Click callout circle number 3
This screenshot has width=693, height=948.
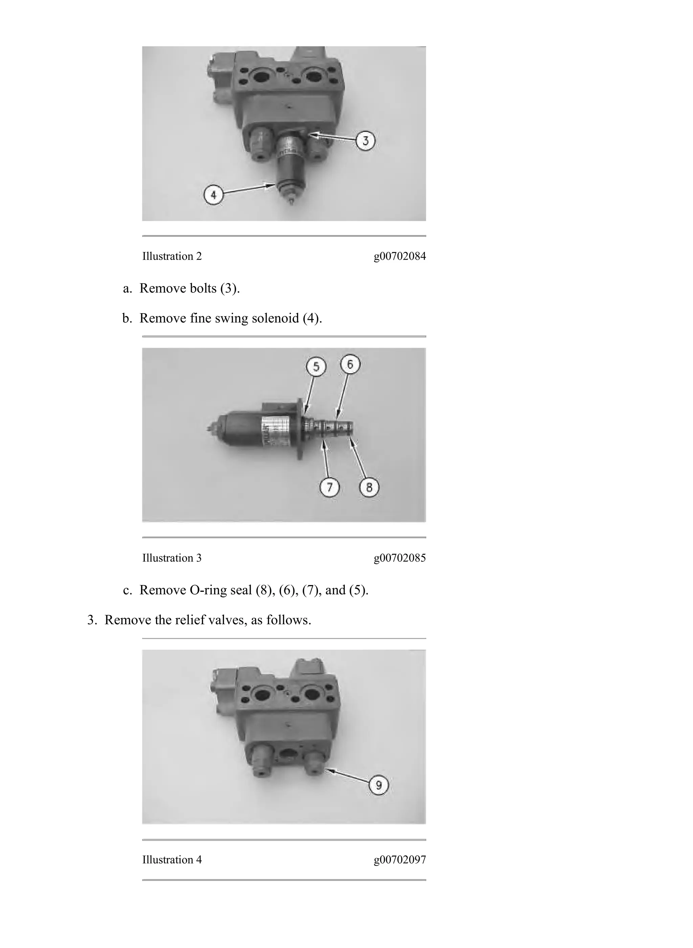[x=365, y=141]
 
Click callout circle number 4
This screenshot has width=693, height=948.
[x=214, y=195]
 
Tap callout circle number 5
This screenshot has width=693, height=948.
[x=316, y=367]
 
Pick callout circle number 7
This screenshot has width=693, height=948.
[x=329, y=487]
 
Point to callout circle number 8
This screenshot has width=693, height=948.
[x=369, y=487]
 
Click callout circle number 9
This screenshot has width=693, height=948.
[x=379, y=785]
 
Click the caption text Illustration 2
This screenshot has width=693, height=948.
[x=172, y=256]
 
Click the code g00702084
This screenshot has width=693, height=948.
[x=399, y=256]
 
